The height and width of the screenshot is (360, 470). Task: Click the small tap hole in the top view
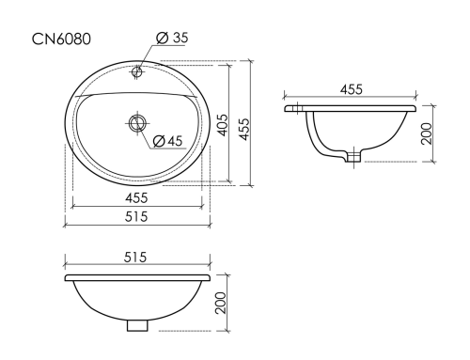click(x=137, y=71)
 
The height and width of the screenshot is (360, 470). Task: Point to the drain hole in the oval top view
click(x=137, y=121)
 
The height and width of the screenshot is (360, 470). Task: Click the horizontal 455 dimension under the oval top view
click(x=136, y=198)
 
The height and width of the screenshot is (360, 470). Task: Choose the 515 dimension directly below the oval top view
click(x=136, y=216)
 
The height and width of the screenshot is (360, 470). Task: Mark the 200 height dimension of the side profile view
click(x=426, y=132)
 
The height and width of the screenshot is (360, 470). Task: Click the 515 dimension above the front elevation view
click(x=136, y=258)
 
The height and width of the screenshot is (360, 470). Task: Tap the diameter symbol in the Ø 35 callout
click(x=161, y=38)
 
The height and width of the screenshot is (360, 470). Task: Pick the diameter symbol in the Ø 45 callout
click(x=158, y=141)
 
